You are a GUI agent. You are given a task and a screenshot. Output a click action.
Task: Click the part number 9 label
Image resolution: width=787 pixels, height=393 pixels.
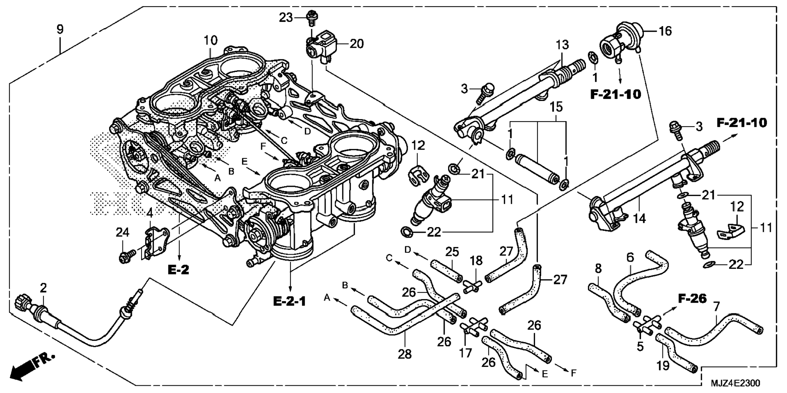point(60,29)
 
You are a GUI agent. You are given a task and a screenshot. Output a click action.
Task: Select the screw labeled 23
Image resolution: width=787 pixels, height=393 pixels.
point(312,15)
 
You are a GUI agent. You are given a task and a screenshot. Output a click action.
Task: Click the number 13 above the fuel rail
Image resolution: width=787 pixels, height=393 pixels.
point(562,44)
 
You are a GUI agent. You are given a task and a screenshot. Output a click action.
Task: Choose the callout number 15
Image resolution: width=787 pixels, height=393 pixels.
point(556,107)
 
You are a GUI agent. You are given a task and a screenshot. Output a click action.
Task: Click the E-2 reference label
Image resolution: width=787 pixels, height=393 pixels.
point(179,270)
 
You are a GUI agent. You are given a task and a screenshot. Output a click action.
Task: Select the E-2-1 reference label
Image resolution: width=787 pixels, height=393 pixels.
point(289,301)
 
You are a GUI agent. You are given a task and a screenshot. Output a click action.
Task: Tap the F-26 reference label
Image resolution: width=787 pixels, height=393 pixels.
point(692,299)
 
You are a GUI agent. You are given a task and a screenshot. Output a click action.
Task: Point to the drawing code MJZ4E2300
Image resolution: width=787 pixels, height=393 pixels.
point(735,383)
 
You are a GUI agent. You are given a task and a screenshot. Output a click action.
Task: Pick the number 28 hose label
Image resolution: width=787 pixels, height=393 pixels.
point(404,354)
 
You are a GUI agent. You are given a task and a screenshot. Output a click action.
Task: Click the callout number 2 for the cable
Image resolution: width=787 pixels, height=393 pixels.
point(43,288)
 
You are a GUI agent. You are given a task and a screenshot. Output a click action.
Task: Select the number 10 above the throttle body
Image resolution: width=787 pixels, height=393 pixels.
point(210,40)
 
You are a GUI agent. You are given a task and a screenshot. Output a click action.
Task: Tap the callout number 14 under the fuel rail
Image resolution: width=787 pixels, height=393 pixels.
point(639,219)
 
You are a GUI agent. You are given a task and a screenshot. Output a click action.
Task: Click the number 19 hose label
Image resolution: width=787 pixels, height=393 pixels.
point(663,365)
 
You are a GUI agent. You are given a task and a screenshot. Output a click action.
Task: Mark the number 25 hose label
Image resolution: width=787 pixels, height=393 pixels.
point(452,252)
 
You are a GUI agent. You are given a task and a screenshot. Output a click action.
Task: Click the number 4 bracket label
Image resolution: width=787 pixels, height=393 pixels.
point(150,212)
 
